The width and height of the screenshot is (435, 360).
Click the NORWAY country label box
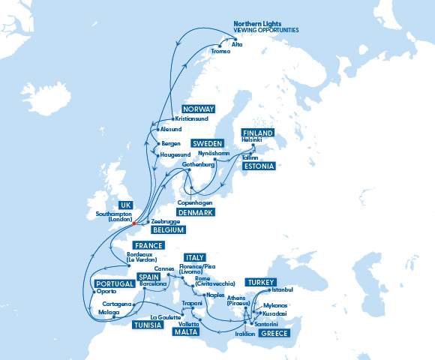(x=198, y=109)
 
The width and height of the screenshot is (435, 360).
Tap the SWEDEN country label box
(x=208, y=142)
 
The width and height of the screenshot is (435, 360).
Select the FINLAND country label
(x=256, y=132)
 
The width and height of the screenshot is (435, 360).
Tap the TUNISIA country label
(x=148, y=325)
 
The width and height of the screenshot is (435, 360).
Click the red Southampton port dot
(x=134, y=223)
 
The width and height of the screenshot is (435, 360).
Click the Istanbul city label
(x=282, y=289)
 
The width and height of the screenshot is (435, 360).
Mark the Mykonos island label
(x=275, y=306)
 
